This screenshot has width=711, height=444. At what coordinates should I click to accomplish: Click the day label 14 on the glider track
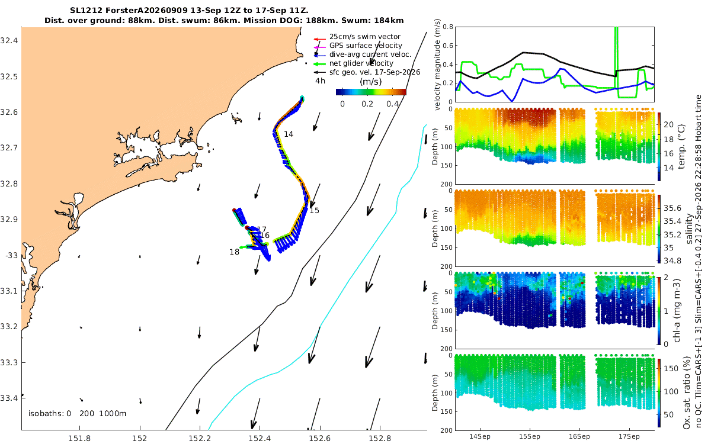[288, 134]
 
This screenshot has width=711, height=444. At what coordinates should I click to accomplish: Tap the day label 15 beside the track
[314, 211]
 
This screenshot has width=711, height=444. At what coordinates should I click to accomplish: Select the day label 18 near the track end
[234, 252]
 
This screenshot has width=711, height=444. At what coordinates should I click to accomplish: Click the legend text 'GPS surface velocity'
[366, 46]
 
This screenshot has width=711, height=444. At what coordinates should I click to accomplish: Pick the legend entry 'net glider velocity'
[361, 63]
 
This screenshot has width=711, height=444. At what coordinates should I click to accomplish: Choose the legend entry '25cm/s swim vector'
[365, 37]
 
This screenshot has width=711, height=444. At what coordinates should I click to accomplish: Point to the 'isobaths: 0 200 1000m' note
[78, 414]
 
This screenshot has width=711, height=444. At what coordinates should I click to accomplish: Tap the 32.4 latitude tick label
[9, 41]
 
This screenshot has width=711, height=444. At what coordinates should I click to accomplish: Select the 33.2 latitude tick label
[9, 327]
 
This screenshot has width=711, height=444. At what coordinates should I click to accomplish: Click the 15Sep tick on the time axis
[530, 437]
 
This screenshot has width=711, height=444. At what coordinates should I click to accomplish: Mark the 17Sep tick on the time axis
[629, 437]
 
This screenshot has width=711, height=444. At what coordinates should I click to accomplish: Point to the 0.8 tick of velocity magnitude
[447, 27]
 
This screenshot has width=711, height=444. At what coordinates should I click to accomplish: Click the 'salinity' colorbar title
[689, 229]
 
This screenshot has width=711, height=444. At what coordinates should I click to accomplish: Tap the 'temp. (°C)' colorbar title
[681, 147]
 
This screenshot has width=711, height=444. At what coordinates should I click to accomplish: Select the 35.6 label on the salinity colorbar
[672, 208]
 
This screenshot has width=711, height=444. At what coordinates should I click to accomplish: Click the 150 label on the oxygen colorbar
[671, 368]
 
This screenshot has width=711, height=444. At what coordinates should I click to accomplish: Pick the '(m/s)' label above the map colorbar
[370, 82]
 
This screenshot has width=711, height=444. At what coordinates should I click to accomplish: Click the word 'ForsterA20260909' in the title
[146, 11]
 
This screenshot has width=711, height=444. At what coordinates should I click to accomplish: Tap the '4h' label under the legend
[320, 81]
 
